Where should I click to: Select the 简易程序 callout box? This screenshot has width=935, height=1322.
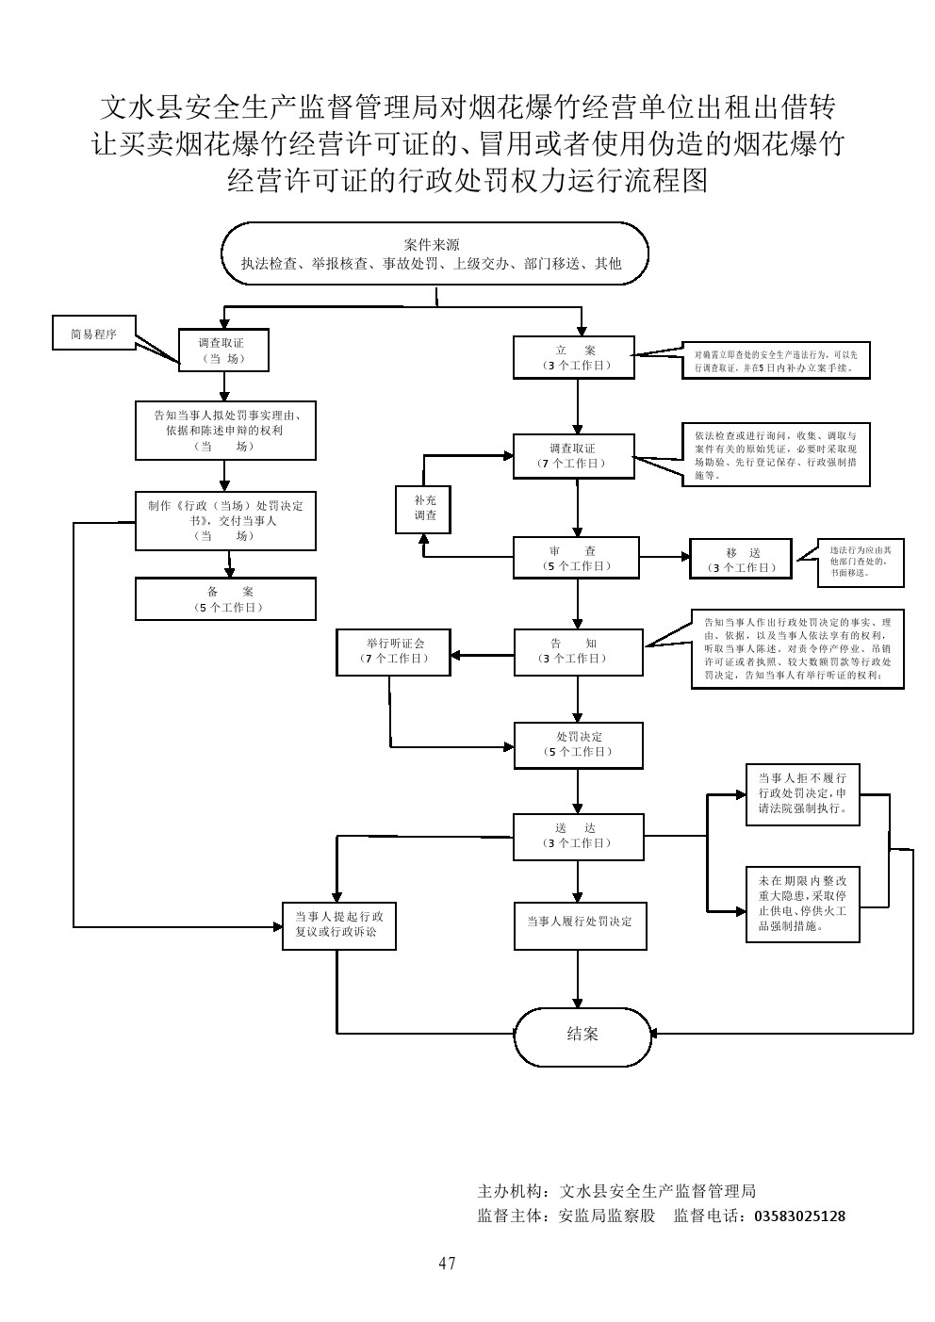tap(93, 334)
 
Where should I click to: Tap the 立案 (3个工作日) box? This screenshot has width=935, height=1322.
tap(574, 357)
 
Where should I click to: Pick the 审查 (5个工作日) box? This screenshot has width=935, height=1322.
tap(576, 558)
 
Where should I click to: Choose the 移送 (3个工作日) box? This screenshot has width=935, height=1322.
tap(741, 560)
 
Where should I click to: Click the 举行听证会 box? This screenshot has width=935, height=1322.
tap(394, 651)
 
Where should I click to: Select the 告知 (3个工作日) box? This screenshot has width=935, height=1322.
tap(578, 651)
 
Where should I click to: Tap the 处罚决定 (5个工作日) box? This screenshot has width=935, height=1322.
tap(578, 744)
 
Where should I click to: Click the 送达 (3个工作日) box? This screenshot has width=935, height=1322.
tap(578, 836)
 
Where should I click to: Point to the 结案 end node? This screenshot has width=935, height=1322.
tap(582, 1034)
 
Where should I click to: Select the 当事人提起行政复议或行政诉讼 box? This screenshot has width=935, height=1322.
tap(338, 924)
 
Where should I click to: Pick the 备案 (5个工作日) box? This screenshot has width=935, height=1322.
tap(225, 599)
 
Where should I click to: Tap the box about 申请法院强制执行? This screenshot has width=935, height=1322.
tap(802, 793)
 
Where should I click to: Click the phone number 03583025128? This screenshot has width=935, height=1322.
tap(799, 1216)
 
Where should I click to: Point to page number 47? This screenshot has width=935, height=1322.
tap(447, 1264)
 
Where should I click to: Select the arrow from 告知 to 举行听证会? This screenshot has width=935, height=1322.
tap(482, 652)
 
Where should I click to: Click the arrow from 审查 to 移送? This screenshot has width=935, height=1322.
tap(664, 557)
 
